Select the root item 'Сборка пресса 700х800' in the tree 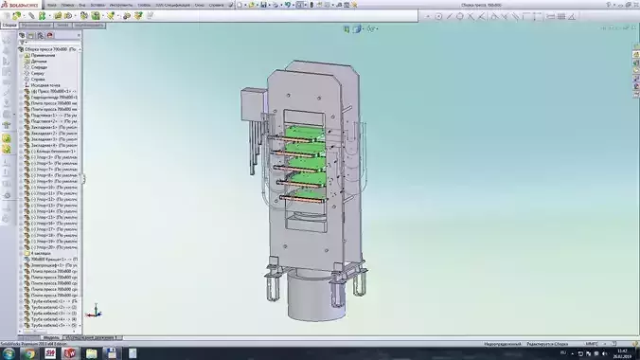pyautogui.click(x=57, y=48)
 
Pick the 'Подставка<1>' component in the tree pyautogui.click(x=47, y=116)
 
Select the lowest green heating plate pyautogui.click(x=308, y=201)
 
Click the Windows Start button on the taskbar pyautogui.click(x=9, y=352)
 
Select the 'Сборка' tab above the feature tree pyautogui.click(x=10, y=26)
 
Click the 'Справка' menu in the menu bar pyautogui.click(x=216, y=5)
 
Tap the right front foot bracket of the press pyautogui.click(x=356, y=283)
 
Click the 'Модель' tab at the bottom pyautogui.click(x=52, y=336)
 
